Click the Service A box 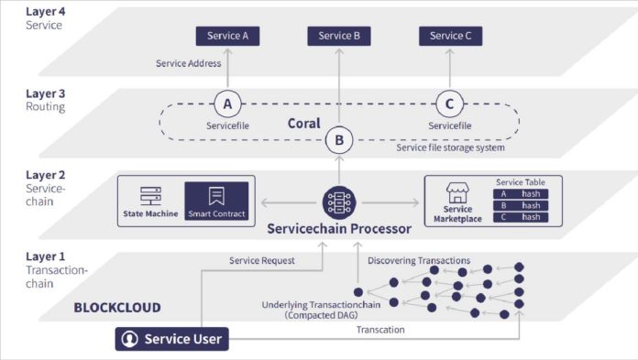tap(227, 36)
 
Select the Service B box tap(339, 36)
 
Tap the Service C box tap(451, 36)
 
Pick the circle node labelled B tap(339, 141)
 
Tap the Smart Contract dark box tap(216, 202)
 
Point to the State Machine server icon tap(150, 195)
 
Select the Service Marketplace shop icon tap(457, 191)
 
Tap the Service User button tap(171, 339)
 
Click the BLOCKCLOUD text tap(116, 308)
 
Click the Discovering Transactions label tap(419, 261)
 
